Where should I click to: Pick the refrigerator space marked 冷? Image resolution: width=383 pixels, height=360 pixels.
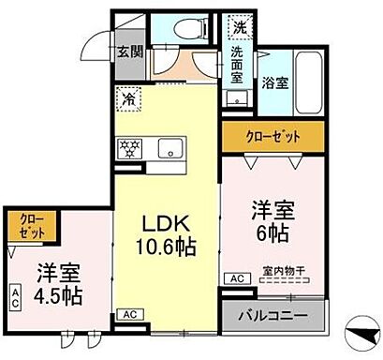(127, 97)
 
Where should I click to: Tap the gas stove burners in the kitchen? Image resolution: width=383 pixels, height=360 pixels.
(128, 147)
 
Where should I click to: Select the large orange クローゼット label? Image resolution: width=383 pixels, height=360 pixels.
(273, 137)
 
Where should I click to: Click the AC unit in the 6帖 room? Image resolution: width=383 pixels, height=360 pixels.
(237, 278)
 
